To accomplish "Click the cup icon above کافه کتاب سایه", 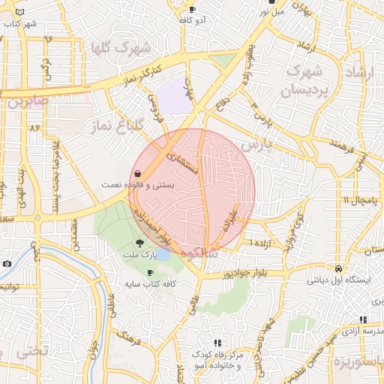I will [x=151, y=273].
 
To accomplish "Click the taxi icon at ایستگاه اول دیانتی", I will [x=339, y=268].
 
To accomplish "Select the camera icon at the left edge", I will [x=7, y=263].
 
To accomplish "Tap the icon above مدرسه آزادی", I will [x=363, y=319].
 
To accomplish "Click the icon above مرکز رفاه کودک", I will [x=217, y=343].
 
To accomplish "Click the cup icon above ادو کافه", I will [x=192, y=10].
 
